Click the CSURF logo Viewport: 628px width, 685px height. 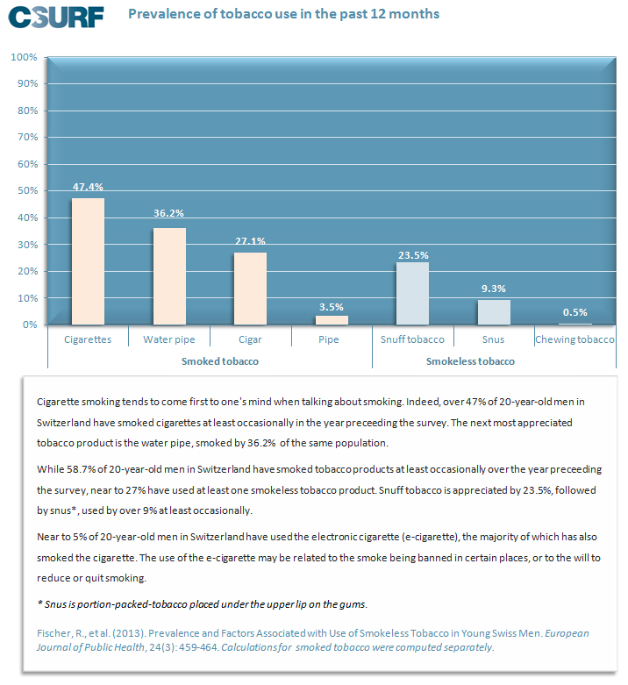pyautogui.click(x=56, y=17)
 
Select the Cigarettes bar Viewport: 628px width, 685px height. pyautogui.click(x=88, y=261)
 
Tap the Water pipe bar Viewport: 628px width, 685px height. pyautogui.click(x=169, y=276)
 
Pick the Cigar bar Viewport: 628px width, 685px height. pyautogui.click(x=250, y=289)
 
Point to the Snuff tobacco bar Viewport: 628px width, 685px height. pyautogui.click(x=413, y=293)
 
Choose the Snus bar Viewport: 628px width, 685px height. pyautogui.click(x=494, y=312)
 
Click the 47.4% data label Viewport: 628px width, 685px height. pyautogui.click(x=88, y=187)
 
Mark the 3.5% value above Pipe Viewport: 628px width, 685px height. pyautogui.click(x=332, y=307)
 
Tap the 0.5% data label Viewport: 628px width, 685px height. pyautogui.click(x=575, y=312)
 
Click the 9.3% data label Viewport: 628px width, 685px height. pyautogui.click(x=494, y=289)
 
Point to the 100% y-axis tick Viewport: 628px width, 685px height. pyautogui.click(x=24, y=57)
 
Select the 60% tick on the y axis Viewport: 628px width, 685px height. pyautogui.click(x=27, y=164)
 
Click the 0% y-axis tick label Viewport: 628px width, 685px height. pyautogui.click(x=30, y=325)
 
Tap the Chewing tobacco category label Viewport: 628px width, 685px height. pyautogui.click(x=574, y=339)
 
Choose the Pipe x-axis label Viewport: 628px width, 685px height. pyautogui.click(x=329, y=339)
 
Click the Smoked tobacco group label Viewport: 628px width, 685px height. pyautogui.click(x=220, y=361)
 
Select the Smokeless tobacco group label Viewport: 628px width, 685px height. pyautogui.click(x=470, y=361)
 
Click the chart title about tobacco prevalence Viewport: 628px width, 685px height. pyautogui.click(x=284, y=14)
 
